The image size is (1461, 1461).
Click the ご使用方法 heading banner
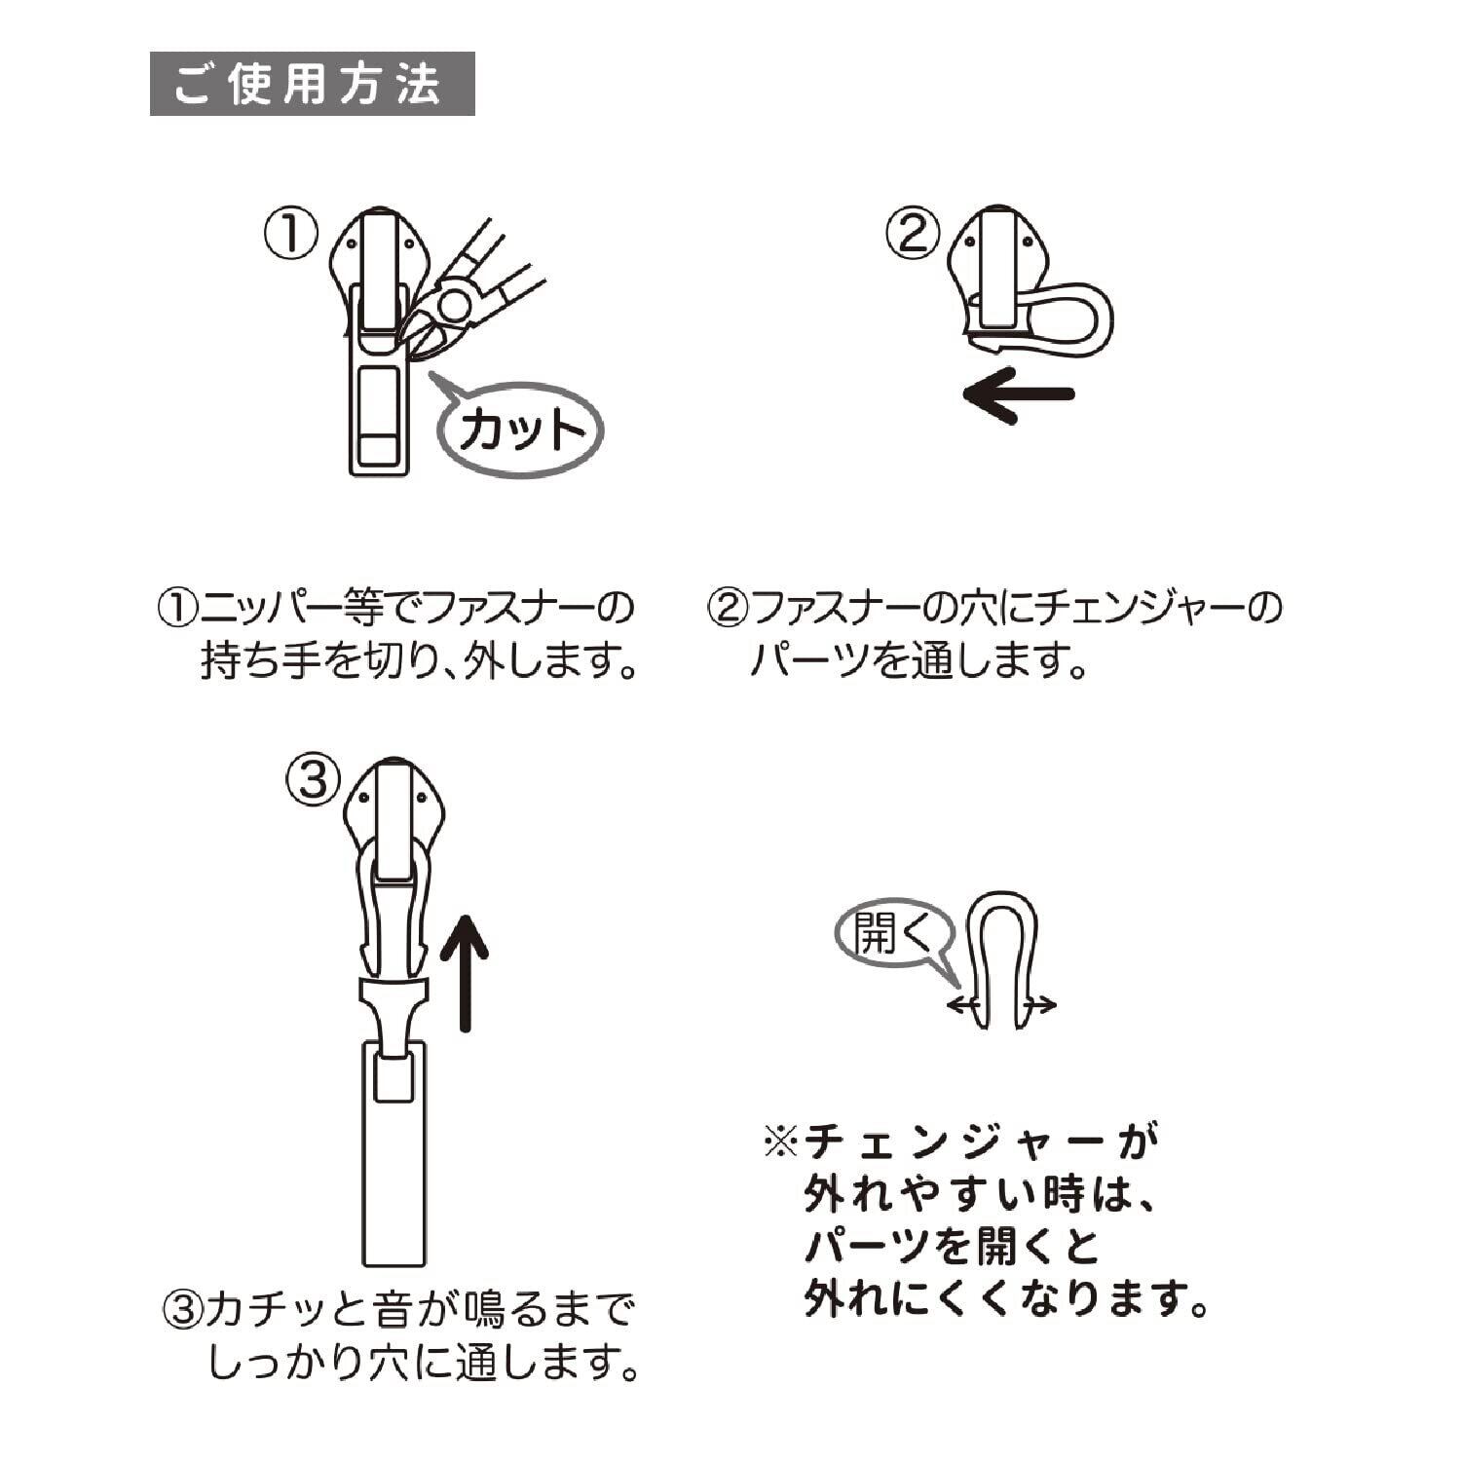312,84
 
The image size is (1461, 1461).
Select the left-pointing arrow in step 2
1018,394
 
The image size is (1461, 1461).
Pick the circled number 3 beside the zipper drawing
313,779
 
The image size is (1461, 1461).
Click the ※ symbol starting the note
781,1141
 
